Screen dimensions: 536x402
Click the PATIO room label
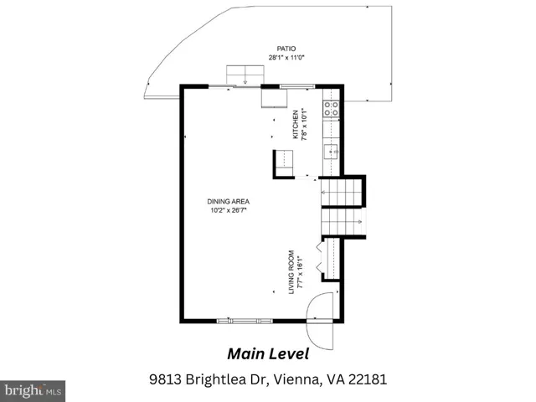[286, 49]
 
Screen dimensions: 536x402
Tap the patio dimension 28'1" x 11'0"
[286, 58]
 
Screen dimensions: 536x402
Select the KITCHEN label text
[296, 125]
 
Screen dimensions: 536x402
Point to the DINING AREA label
[229, 202]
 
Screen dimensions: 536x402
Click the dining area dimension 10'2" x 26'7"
[229, 210]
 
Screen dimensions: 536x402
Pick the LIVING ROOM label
[291, 272]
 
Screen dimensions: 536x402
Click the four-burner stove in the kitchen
[332, 108]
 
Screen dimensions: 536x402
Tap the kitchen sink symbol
[332, 152]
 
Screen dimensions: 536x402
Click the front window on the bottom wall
[245, 321]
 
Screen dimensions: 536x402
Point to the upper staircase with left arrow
[342, 193]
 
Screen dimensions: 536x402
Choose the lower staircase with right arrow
[342, 222]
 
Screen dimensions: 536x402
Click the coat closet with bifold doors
[329, 259]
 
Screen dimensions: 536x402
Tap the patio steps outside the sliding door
[245, 75]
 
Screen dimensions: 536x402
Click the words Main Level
[268, 354]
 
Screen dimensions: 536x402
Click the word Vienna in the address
[298, 379]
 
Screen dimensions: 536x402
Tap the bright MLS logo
[33, 391]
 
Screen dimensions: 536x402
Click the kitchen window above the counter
[297, 86]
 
